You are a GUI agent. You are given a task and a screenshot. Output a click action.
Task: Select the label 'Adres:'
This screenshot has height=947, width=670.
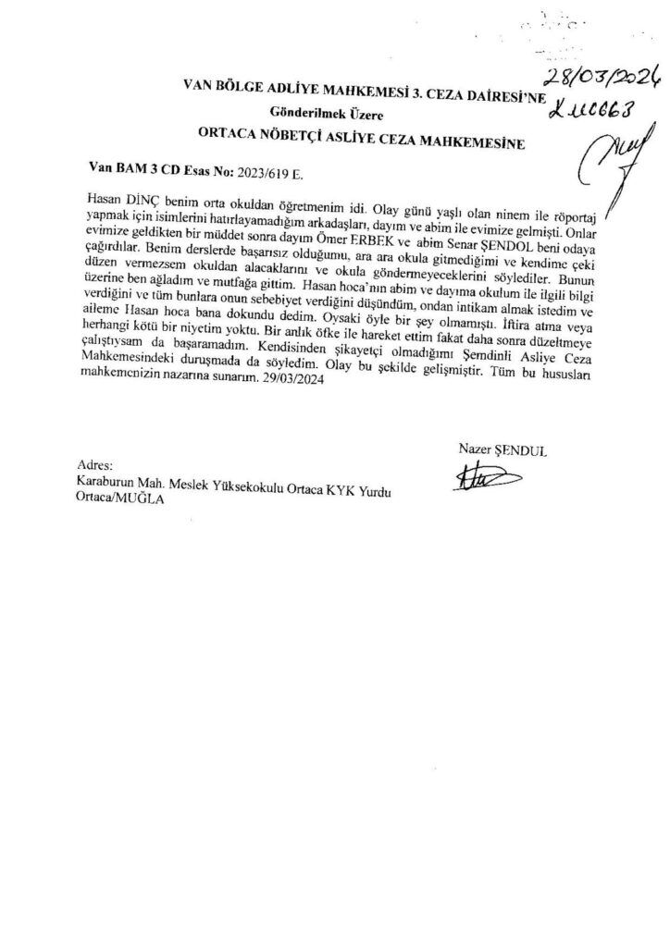click(x=94, y=464)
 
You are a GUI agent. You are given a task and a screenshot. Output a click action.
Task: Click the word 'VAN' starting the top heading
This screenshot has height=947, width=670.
click(x=199, y=87)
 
